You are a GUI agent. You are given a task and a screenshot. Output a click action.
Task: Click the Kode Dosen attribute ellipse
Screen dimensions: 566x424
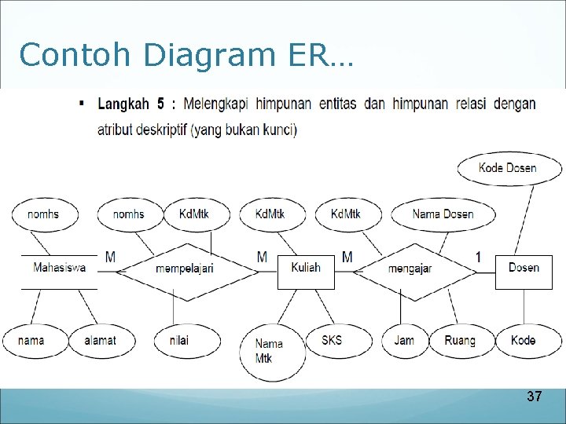click(509, 167)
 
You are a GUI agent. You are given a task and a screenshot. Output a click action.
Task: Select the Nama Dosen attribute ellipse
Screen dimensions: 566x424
click(443, 214)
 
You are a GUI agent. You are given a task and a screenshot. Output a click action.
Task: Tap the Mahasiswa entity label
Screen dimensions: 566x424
click(60, 268)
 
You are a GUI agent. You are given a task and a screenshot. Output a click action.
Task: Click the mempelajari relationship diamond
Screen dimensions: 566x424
click(185, 269)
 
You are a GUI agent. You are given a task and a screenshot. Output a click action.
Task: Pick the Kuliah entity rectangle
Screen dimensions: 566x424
click(306, 269)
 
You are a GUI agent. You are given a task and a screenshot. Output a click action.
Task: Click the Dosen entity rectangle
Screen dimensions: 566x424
click(524, 269)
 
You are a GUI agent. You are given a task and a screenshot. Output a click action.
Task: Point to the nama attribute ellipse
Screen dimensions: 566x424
click(31, 340)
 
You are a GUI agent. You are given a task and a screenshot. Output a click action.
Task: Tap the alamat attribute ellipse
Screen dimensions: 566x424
click(101, 340)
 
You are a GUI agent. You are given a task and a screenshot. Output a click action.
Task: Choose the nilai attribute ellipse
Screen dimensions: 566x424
click(179, 340)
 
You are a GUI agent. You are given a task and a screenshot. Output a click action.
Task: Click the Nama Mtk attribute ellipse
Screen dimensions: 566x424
click(270, 351)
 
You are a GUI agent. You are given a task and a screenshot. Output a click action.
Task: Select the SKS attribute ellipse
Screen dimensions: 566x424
click(332, 340)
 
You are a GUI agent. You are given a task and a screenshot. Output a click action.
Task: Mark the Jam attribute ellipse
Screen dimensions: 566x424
click(404, 340)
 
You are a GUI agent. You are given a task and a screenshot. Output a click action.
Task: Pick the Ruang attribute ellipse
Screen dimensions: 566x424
click(460, 340)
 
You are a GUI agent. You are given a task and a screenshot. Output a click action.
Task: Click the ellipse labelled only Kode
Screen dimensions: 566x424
click(523, 340)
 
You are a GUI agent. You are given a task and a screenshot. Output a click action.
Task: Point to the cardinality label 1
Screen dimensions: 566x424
click(479, 257)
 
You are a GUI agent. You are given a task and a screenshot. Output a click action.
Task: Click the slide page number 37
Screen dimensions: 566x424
click(534, 397)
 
